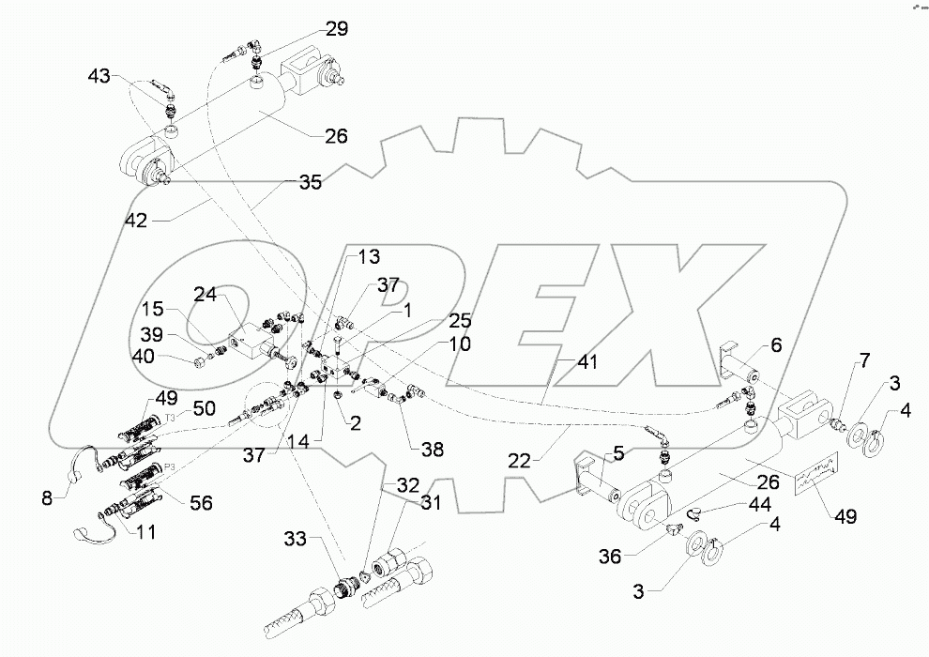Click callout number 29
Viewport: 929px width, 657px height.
tap(336, 30)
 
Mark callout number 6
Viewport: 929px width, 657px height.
tap(776, 344)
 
